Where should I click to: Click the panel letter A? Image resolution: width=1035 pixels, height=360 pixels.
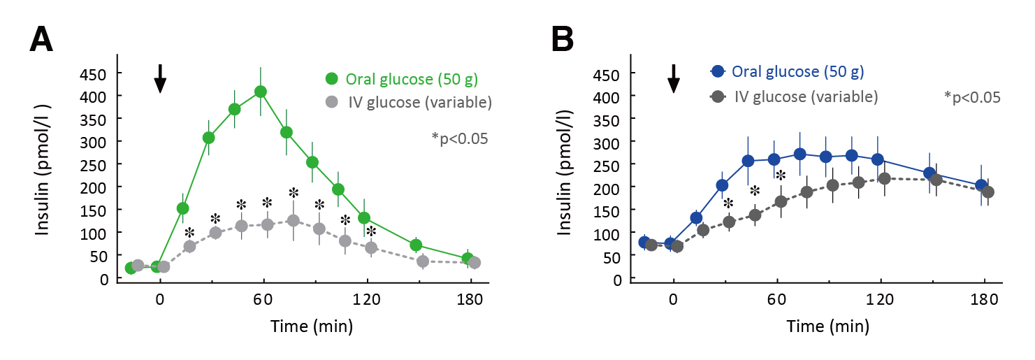(x=41, y=41)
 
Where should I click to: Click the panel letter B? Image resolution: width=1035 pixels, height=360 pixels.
(x=563, y=41)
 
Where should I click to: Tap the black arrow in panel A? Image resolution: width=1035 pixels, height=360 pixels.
(x=160, y=78)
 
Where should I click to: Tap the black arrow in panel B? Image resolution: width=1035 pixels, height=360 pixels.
(x=674, y=78)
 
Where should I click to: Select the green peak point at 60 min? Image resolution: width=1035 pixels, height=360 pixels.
(x=261, y=92)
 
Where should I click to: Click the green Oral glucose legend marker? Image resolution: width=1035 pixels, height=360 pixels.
(x=331, y=78)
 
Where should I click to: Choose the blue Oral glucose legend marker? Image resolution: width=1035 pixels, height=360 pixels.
(x=716, y=71)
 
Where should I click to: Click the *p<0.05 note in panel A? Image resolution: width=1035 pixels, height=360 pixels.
(x=459, y=138)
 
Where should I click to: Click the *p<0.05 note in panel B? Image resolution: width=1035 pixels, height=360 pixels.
(x=972, y=97)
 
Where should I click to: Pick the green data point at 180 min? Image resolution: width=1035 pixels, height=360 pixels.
(x=468, y=259)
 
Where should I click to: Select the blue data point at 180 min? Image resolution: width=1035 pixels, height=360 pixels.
(x=981, y=185)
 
